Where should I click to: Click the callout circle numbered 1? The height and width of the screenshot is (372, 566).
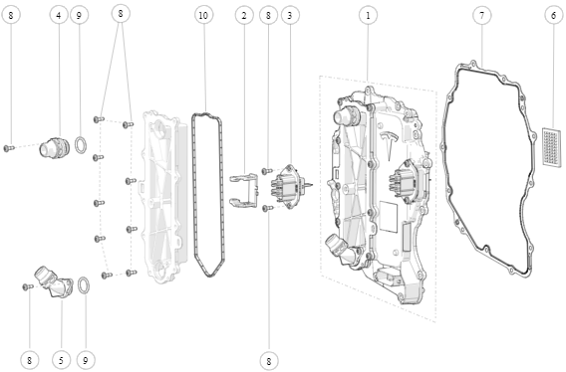tap(368, 16)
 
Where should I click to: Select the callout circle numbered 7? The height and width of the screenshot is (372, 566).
tap(482, 16)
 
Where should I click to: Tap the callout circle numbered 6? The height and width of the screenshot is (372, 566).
tap(554, 16)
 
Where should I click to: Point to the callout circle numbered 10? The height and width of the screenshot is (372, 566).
tap(203, 16)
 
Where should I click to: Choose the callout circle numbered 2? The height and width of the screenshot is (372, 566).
tap(244, 16)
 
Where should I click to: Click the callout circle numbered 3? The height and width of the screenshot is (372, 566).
tap(290, 16)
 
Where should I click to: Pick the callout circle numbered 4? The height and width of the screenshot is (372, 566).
tap(59, 16)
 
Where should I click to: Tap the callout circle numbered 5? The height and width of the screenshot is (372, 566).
tap(61, 360)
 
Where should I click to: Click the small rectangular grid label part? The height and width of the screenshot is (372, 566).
tap(553, 147)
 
